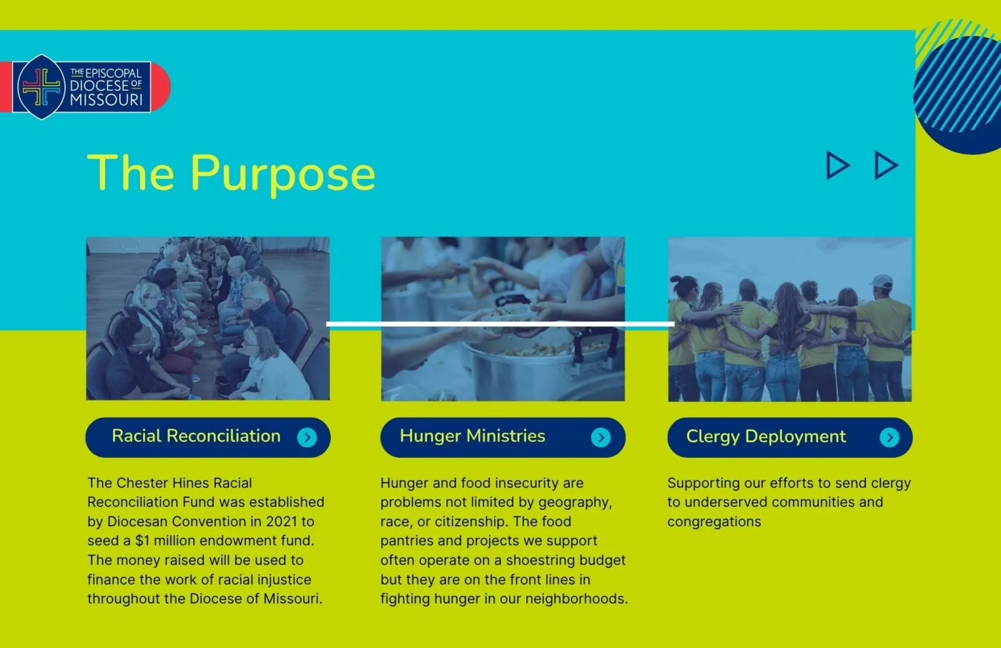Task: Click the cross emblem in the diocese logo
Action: tap(41, 87)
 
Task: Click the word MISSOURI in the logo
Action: tap(107, 99)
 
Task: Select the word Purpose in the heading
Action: tap(283, 175)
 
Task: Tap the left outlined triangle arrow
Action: tap(838, 165)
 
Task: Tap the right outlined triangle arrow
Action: tap(886, 165)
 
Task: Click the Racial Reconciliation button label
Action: tap(196, 436)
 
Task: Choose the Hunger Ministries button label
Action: tap(473, 436)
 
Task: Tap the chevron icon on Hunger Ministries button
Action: tap(601, 438)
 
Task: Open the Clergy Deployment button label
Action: tap(766, 437)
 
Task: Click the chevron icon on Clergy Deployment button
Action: tap(889, 438)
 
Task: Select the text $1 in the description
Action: tap(142, 541)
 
